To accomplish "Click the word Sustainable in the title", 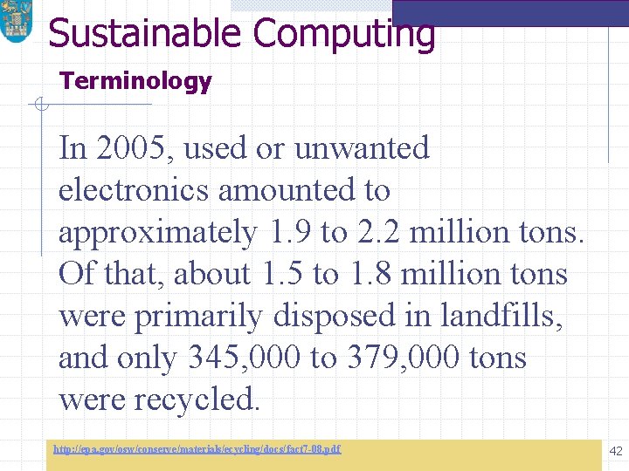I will point(144,33).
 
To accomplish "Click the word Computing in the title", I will point(343,33).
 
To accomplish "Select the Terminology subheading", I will point(135,82).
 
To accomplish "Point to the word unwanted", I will point(362,148).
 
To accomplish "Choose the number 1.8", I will point(370,274).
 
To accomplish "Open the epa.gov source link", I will point(197,449).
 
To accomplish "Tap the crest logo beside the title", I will point(15,22).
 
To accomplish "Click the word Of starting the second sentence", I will point(75,274).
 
